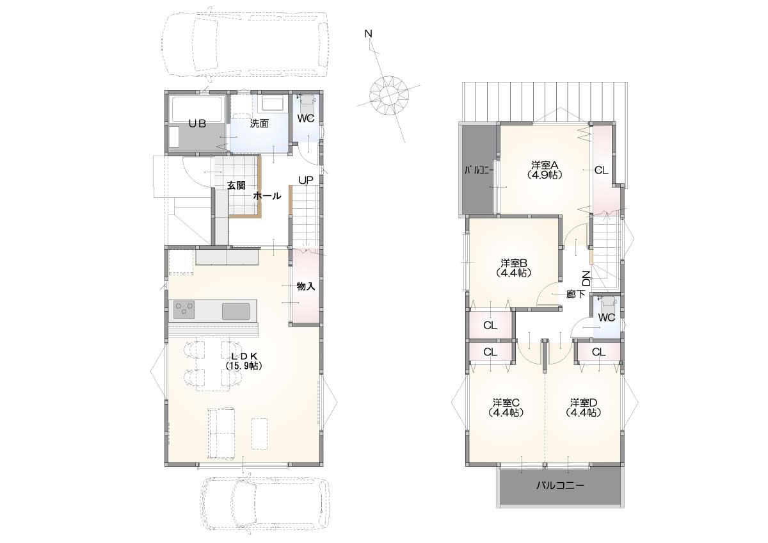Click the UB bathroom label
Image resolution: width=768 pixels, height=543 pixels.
pos(197,124)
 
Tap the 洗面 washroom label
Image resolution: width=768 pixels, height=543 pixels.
pos(259,124)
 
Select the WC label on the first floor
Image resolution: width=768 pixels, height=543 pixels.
pos(306,118)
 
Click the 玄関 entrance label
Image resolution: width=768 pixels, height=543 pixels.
pos(236,186)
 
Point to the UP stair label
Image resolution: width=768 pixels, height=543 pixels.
pos(306,180)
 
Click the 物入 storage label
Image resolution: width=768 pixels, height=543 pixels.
pos(306,286)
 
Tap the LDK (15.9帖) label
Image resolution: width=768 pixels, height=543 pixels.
pos(244,361)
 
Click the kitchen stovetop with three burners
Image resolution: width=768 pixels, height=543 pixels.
pos(184,309)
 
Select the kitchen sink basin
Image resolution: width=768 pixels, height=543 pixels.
pos(236,311)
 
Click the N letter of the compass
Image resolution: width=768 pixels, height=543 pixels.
pos(368,33)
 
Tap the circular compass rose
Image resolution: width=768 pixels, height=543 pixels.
pos(389,95)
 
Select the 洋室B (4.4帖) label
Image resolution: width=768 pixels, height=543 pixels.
pos(513,268)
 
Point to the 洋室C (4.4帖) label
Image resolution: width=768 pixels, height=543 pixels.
pos(506,407)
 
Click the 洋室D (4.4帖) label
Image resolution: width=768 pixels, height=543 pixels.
pos(584,407)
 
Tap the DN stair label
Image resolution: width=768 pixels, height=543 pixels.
pos(587,279)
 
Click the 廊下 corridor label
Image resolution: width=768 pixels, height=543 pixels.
pos(575,294)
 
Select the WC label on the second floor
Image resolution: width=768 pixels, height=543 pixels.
pos(607,318)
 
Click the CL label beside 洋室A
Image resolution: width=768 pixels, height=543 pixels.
pos(601,170)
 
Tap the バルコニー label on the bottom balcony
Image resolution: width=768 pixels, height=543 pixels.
pos(560,485)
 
